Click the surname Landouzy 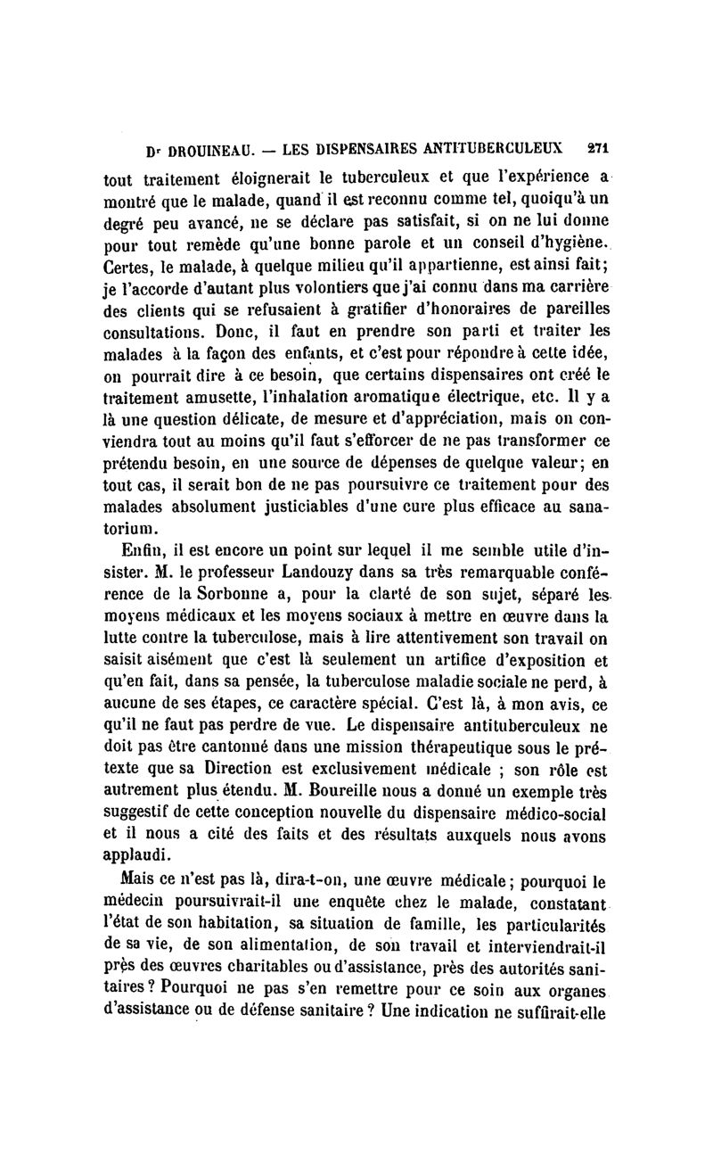tap(325, 571)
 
